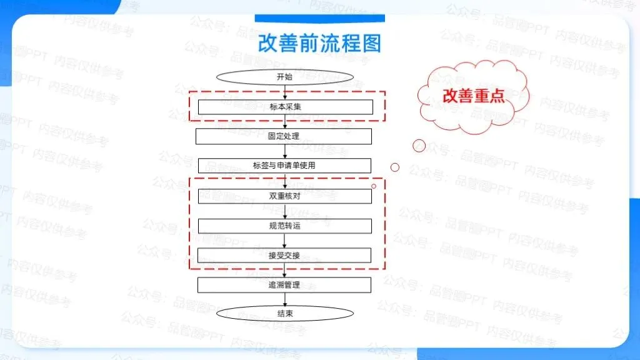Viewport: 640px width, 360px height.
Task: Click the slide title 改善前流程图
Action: [x=319, y=44]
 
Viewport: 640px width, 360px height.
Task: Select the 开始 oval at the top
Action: [x=285, y=77]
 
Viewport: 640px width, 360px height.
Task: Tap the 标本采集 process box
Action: [x=285, y=107]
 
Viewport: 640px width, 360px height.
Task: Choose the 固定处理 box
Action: [x=284, y=136]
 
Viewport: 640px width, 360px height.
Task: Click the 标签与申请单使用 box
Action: [x=284, y=166]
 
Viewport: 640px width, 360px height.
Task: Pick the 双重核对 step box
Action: [x=285, y=196]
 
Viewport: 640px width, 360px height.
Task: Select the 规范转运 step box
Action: [x=285, y=225]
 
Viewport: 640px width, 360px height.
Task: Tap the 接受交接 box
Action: [x=285, y=255]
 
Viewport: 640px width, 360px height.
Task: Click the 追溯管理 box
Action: [x=284, y=285]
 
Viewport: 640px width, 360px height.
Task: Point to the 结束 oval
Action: [x=285, y=314]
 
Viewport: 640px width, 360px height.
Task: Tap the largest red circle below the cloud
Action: [x=419, y=146]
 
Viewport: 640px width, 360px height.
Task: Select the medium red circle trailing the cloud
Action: [x=395, y=167]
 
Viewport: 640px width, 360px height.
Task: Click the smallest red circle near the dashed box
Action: [x=374, y=186]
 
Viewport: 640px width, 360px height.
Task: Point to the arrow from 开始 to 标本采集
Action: [x=285, y=92]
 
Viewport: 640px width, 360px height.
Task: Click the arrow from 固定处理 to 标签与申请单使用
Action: [x=285, y=151]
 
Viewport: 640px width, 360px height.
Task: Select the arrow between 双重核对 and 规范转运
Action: [x=285, y=211]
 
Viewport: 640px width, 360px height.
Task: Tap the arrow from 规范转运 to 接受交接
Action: [x=285, y=241]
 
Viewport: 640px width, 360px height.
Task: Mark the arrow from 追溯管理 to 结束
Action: [x=285, y=299]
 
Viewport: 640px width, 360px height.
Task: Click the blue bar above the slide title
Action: [x=319, y=18]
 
